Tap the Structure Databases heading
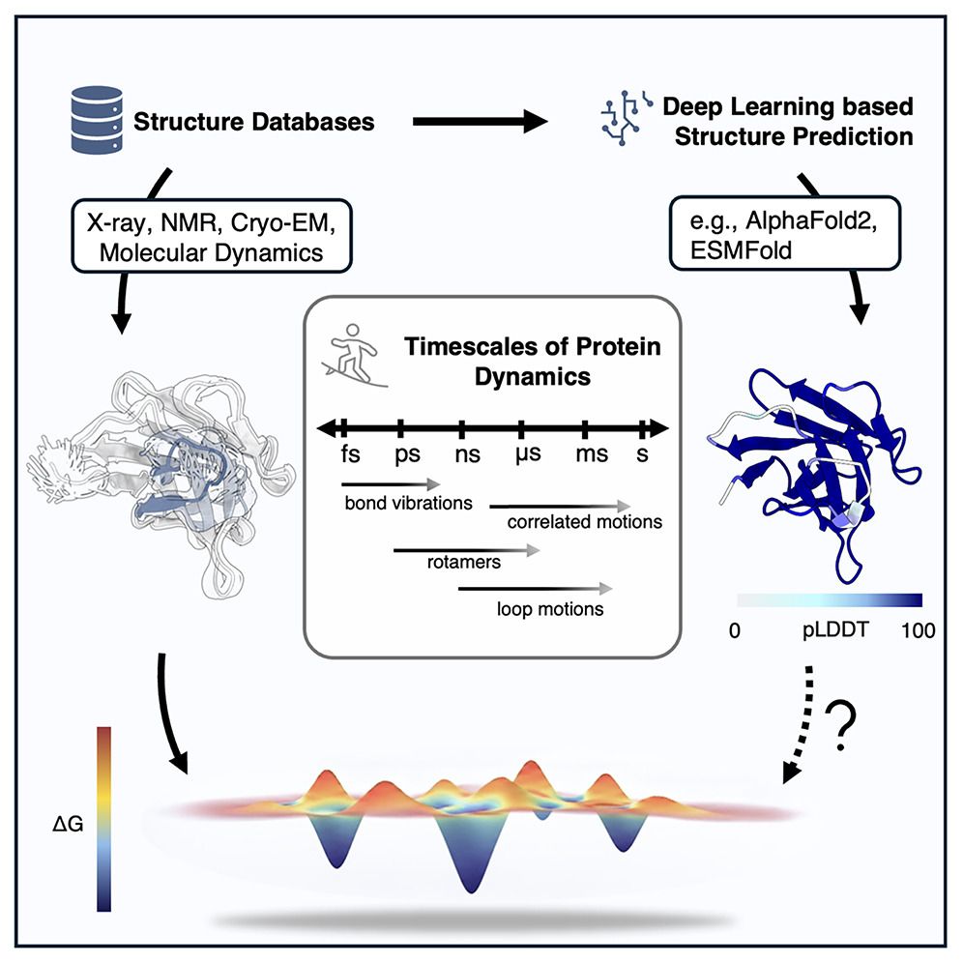(x=254, y=123)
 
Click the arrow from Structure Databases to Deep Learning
(x=480, y=122)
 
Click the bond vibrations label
(x=394, y=504)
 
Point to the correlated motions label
(x=584, y=522)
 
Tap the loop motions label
(x=550, y=609)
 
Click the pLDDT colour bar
(x=830, y=598)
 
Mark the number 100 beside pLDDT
(x=918, y=631)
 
